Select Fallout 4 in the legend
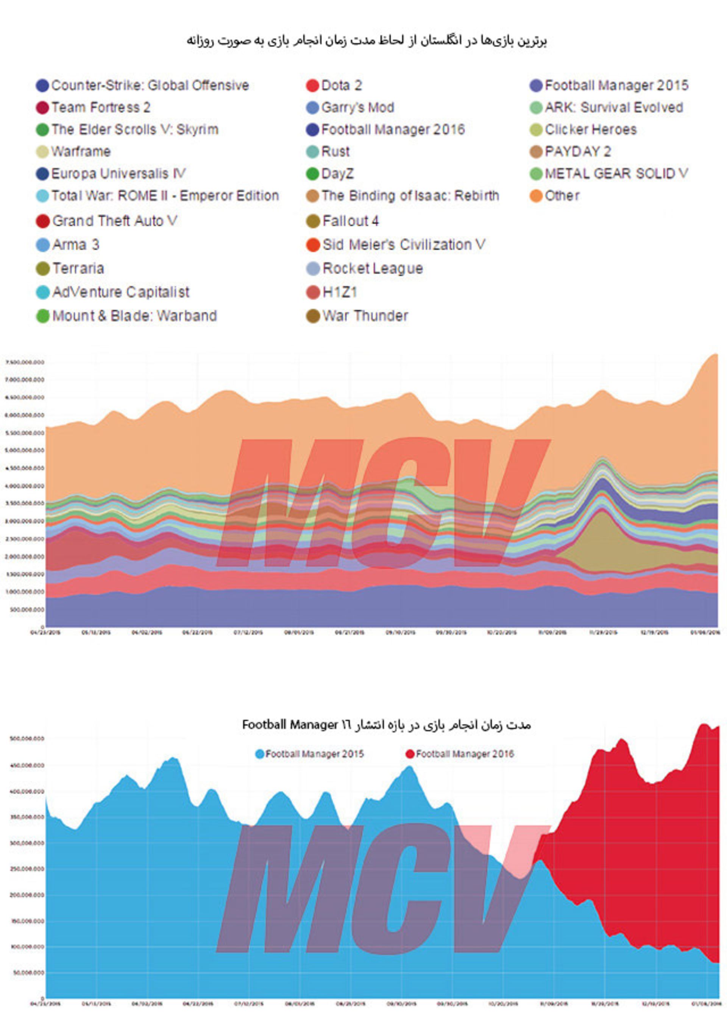[350, 221]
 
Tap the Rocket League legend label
[373, 268]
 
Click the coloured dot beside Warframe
[42, 152]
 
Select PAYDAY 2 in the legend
[577, 152]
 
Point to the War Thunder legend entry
[365, 316]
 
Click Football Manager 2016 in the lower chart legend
[465, 754]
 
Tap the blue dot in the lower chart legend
[260, 754]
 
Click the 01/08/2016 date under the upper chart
[707, 633]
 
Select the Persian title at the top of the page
[367, 41]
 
